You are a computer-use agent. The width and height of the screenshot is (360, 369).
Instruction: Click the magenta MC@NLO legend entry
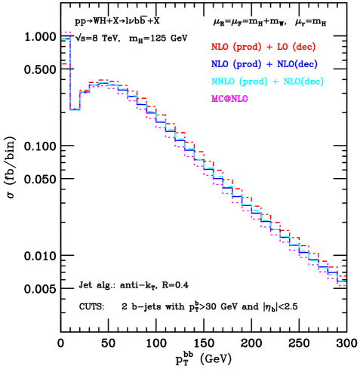click(230, 99)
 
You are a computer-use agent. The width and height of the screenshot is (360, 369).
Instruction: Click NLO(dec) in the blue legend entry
click(297, 64)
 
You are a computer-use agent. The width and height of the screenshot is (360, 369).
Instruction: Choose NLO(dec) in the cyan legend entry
click(303, 81)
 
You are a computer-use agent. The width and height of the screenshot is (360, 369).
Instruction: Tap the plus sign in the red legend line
click(266, 47)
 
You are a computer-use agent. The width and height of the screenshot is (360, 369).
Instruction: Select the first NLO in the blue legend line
click(220, 64)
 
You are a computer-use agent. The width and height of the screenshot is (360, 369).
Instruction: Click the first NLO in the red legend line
click(220, 47)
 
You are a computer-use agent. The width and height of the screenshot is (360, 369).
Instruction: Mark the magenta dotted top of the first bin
click(66, 32)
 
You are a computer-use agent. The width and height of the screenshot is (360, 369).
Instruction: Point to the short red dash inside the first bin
click(65, 64)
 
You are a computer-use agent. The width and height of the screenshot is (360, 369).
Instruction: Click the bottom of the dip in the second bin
click(75, 110)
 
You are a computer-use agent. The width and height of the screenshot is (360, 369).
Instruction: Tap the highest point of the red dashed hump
click(103, 80)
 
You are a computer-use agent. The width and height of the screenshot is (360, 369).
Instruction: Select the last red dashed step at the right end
click(342, 278)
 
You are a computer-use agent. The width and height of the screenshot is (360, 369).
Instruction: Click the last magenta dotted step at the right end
click(342, 286)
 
